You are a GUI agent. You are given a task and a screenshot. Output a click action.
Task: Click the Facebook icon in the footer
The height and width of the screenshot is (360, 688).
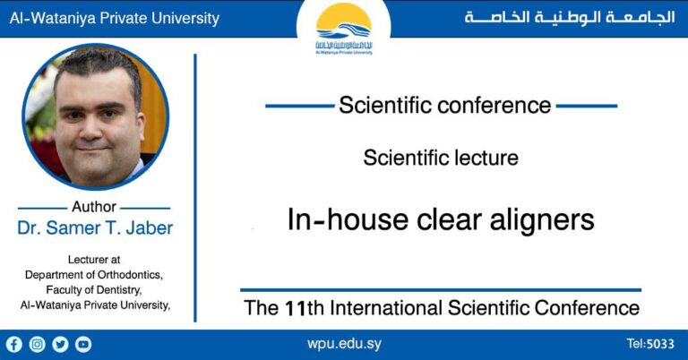(13, 344)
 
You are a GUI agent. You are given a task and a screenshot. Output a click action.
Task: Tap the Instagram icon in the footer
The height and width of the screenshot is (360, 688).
(37, 344)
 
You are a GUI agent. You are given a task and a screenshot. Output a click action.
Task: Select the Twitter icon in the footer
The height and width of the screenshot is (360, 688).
(60, 344)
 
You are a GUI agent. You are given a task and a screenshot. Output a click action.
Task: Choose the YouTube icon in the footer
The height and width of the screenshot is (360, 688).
(83, 344)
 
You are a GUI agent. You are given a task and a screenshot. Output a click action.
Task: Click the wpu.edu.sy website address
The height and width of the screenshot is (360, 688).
(343, 344)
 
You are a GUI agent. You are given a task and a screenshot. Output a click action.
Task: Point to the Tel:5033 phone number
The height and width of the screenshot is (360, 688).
(650, 344)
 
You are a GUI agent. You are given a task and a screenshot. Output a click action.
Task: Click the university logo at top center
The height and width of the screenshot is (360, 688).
(344, 29)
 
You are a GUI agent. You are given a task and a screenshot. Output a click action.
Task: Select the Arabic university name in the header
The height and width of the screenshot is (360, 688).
(569, 18)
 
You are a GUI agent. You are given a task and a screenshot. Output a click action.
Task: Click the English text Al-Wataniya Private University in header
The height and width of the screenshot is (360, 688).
(114, 18)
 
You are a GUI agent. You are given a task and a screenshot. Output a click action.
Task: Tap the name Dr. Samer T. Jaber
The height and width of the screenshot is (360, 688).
(95, 227)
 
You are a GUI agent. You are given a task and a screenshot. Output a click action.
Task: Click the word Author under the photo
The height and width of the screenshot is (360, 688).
(94, 207)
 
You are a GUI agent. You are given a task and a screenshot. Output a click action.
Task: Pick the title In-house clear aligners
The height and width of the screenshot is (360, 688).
(441, 219)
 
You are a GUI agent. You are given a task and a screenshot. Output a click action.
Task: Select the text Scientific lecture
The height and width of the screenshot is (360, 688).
(441, 158)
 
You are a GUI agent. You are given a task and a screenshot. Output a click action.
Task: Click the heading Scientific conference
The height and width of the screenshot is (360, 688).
(444, 105)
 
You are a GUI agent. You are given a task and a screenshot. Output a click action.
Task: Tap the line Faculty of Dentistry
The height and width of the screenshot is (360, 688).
(95, 289)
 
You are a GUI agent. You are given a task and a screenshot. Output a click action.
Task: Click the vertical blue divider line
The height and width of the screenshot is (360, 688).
(195, 179)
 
